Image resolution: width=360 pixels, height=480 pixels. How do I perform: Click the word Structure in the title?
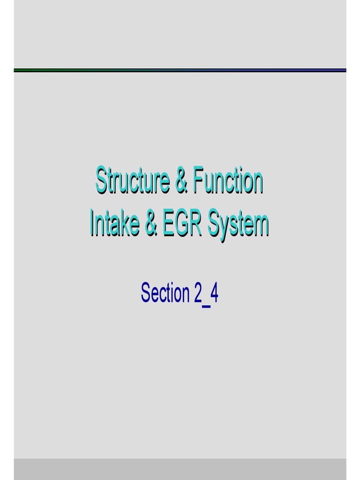(x=132, y=181)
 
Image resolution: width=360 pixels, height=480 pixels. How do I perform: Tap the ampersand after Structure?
(x=181, y=181)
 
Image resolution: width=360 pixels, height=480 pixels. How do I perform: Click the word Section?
(x=165, y=293)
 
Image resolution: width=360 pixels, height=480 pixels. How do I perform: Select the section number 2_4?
(x=205, y=294)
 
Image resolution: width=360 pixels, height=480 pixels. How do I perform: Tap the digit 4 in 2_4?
(x=214, y=293)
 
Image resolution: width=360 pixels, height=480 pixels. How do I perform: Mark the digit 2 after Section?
(x=198, y=293)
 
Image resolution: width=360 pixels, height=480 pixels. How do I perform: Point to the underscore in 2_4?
(x=206, y=302)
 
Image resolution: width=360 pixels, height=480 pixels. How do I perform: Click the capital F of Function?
(x=197, y=181)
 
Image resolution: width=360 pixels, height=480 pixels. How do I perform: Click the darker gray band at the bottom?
(x=180, y=469)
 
